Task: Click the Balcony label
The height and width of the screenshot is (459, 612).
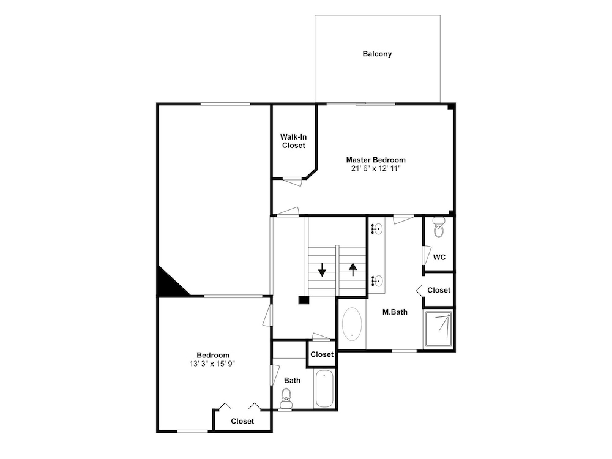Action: coord(377,54)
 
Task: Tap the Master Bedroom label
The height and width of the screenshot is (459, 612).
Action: coord(376,160)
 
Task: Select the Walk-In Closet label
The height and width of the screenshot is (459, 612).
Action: coord(294,141)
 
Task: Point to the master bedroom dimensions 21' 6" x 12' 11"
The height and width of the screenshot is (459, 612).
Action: coord(376,169)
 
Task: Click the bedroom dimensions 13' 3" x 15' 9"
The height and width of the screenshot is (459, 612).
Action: coord(213,364)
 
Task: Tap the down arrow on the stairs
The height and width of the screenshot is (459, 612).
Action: coord(322,270)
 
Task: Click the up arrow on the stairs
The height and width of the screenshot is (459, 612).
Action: coord(353,269)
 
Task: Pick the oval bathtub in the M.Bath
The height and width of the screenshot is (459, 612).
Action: coord(352,324)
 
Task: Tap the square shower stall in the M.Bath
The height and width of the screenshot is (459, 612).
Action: coord(438,329)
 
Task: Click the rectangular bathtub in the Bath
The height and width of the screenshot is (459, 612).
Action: coord(324,389)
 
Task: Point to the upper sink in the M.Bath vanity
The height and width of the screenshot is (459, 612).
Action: coord(376,229)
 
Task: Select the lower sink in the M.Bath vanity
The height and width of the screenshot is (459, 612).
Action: coord(377,280)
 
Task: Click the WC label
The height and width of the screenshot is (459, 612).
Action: coord(439,257)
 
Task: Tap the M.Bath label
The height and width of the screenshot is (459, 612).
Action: coord(395,312)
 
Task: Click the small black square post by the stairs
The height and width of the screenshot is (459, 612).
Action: coord(304,300)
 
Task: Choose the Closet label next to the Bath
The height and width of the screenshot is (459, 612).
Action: coord(322,354)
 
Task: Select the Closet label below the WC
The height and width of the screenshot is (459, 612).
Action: coord(439,290)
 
